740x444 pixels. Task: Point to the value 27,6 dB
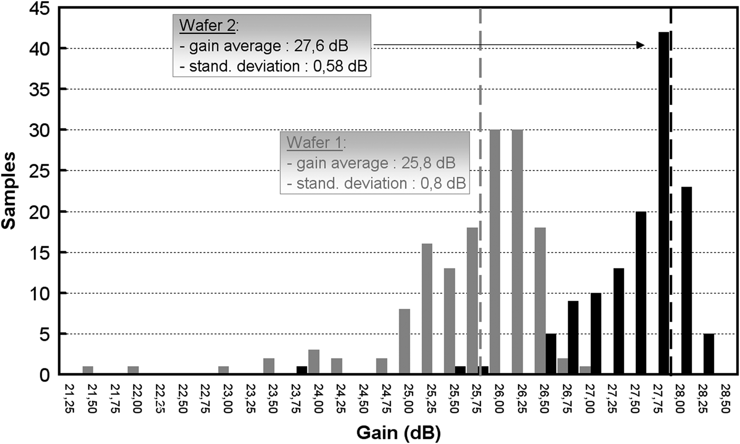323,47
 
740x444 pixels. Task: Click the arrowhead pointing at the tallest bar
640,45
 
